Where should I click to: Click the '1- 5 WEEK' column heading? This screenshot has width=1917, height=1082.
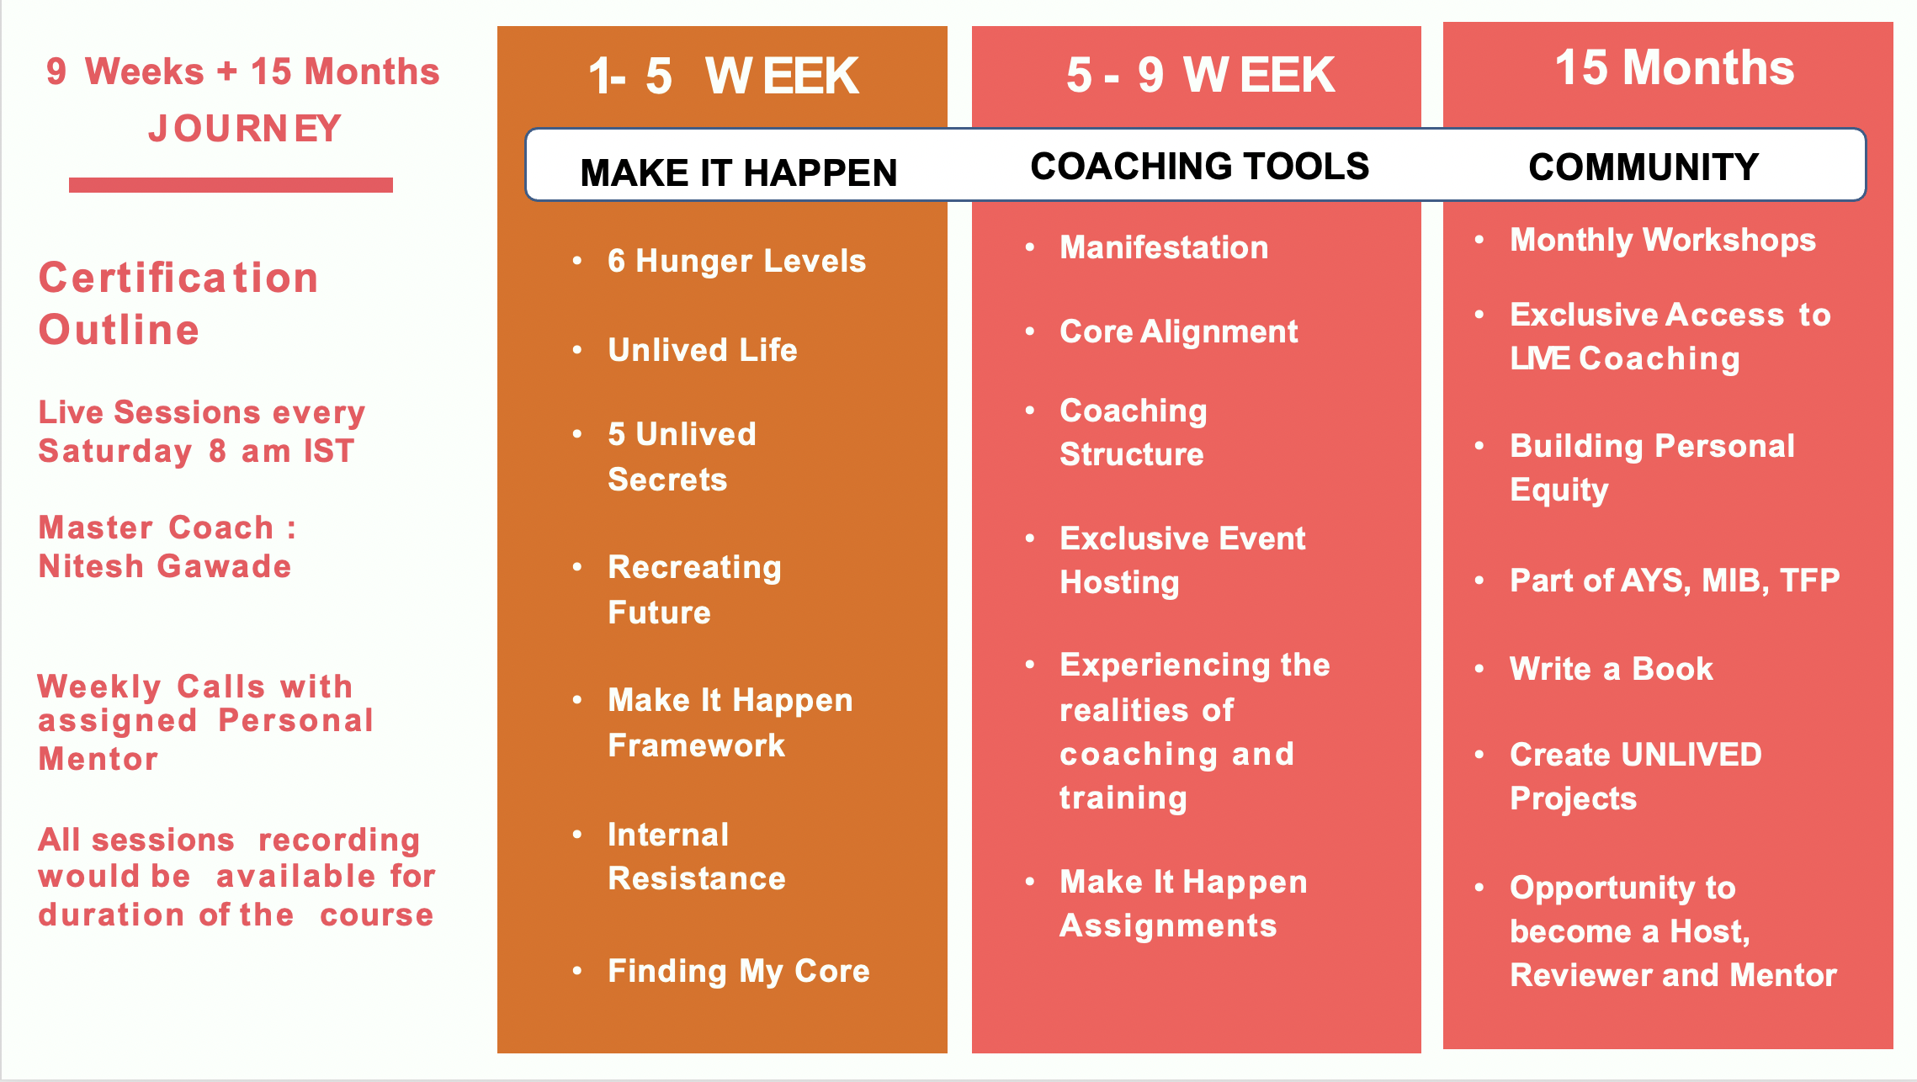pos(723,76)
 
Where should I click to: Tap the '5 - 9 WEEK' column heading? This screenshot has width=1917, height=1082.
pos(1200,75)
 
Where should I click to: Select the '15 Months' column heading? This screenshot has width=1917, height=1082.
pos(1675,67)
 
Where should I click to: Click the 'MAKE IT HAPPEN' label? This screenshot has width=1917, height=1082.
pos(739,173)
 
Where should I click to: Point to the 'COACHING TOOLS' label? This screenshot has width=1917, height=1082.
pos(1200,167)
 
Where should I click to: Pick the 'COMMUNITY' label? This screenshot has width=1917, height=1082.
pos(1644,167)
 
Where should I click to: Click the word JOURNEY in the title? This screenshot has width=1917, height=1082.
pos(245,129)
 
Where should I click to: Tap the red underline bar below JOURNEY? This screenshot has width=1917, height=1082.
pos(231,185)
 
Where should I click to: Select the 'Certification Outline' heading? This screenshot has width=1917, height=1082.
pos(178,303)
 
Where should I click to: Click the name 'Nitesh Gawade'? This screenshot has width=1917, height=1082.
pos(165,566)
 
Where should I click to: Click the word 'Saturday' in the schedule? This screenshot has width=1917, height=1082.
pos(115,452)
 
